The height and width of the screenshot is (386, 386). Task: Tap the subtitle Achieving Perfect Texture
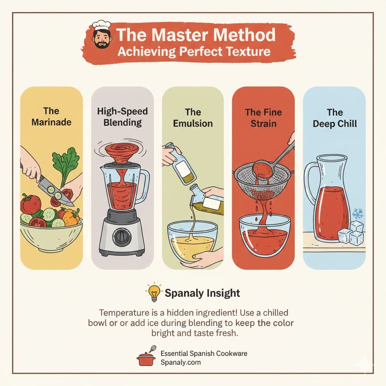[x=194, y=51]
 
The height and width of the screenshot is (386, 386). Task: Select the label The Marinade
[x=51, y=117]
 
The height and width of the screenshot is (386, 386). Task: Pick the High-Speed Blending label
[x=122, y=117]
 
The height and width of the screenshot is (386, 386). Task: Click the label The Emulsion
[x=193, y=118]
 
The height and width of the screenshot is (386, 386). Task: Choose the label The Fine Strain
[x=263, y=118]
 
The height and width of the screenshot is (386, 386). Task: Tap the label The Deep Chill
[x=334, y=118]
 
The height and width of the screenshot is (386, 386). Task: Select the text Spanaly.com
[x=181, y=362]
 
